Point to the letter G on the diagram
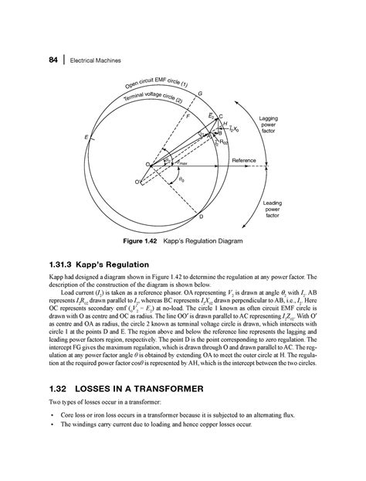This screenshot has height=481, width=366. (x=201, y=94)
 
